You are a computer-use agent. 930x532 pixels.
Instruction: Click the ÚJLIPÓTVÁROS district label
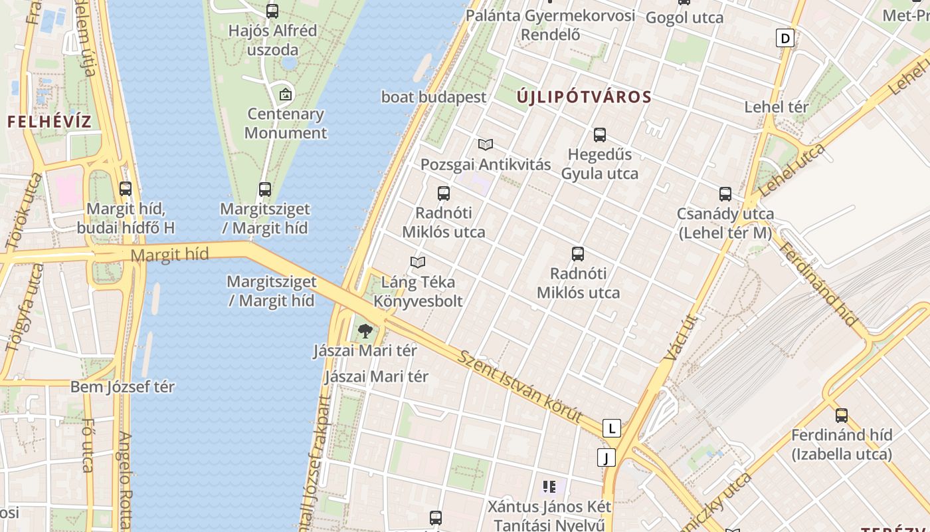[584, 97]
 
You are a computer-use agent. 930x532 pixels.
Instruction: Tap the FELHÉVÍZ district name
[49, 122]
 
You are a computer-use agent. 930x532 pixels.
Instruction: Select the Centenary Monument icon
[286, 94]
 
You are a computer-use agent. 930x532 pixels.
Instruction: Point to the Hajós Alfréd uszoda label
[272, 40]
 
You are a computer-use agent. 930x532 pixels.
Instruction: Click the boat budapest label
[434, 97]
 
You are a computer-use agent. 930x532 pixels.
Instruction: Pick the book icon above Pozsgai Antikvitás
[486, 144]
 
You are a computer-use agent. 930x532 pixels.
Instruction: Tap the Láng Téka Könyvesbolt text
[418, 292]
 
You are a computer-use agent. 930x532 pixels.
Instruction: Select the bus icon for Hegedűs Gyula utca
[600, 135]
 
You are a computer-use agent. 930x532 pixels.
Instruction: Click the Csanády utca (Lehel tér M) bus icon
[725, 194]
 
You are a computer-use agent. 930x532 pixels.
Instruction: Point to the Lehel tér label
[777, 107]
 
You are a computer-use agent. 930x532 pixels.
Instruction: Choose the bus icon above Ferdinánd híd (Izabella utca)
[842, 416]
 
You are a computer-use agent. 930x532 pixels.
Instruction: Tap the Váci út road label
[678, 338]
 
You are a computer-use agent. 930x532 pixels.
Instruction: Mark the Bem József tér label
[122, 387]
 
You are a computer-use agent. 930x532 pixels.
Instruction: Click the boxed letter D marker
[785, 38]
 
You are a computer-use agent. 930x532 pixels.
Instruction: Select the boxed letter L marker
[611, 428]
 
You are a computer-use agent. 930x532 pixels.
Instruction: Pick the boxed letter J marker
[606, 458]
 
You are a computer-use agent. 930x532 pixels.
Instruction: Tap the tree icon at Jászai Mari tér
[365, 331]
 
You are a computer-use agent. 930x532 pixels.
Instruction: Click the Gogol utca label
[684, 18]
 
